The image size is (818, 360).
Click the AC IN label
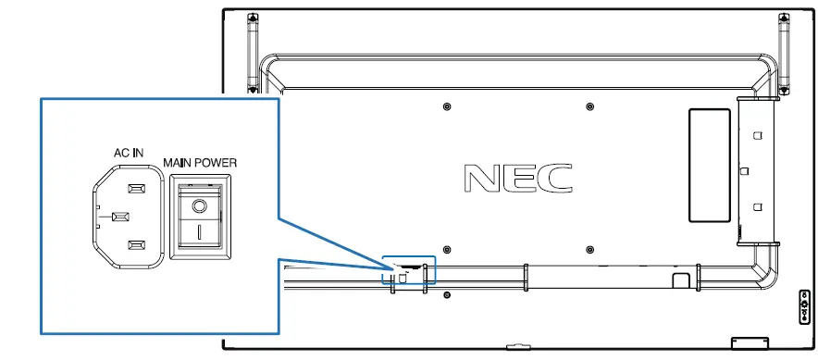click(129, 154)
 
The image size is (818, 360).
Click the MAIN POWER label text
click(200, 163)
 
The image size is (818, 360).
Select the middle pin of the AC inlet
click(120, 216)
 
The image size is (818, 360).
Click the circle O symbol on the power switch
click(199, 206)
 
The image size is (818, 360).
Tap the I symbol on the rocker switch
click(199, 231)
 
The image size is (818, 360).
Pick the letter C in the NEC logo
click(554, 178)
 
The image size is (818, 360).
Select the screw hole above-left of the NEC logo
click(447, 107)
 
